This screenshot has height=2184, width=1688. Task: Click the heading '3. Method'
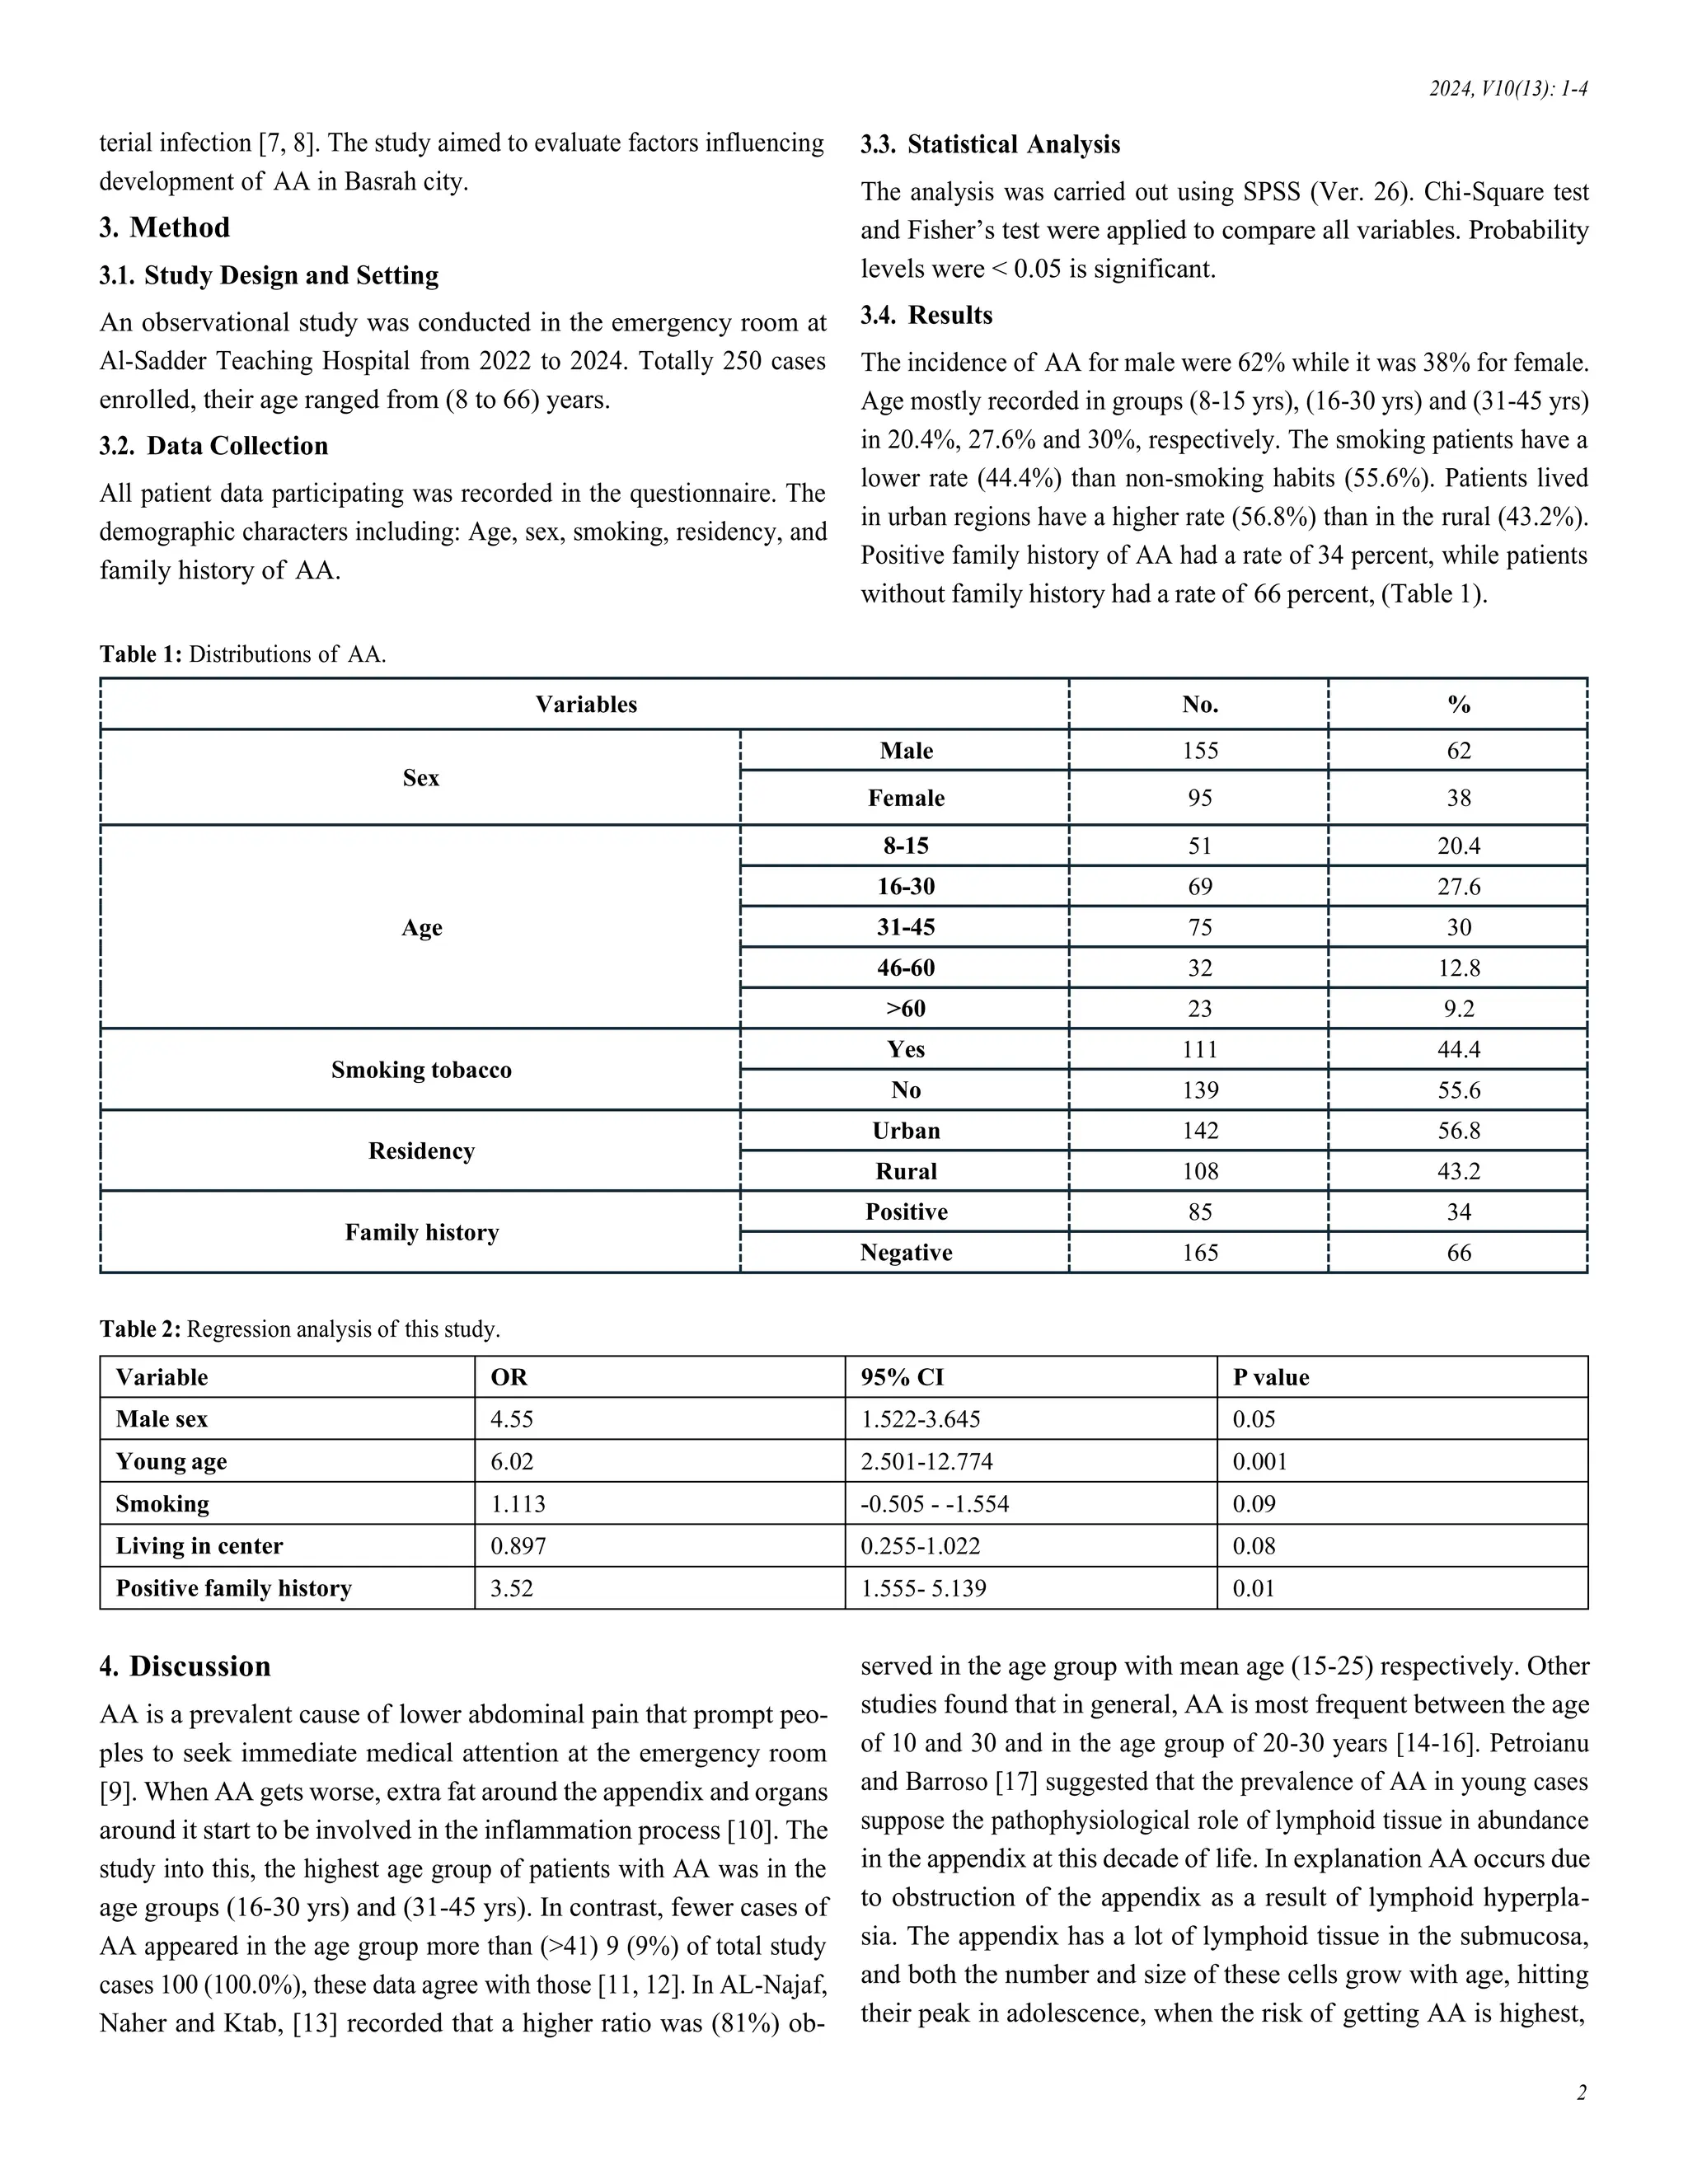(x=165, y=228)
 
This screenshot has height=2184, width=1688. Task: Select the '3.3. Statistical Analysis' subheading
(x=990, y=145)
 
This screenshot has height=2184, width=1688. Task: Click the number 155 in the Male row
(x=1199, y=751)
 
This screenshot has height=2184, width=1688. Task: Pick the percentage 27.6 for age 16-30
(x=1458, y=887)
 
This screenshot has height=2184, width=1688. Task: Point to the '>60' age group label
(x=905, y=1009)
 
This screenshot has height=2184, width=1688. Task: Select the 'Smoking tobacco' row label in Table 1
(x=421, y=1070)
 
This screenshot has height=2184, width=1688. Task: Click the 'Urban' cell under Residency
(x=905, y=1131)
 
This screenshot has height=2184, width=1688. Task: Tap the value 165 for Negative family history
(x=1199, y=1253)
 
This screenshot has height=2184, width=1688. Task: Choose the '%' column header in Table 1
(x=1458, y=705)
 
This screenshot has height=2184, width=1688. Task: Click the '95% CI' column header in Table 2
(x=901, y=1377)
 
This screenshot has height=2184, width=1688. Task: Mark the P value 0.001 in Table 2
(x=1259, y=1462)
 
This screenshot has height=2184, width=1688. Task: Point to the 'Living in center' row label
(x=199, y=1546)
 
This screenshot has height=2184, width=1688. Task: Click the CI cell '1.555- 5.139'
(x=923, y=1589)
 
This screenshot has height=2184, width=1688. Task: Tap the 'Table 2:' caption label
(x=140, y=1329)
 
